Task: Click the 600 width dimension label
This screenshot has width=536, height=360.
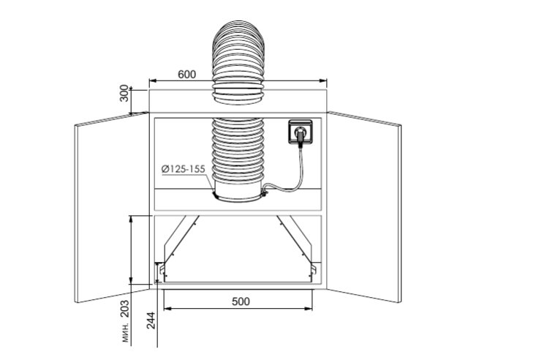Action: tap(187, 74)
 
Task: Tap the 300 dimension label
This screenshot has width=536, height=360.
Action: tap(124, 93)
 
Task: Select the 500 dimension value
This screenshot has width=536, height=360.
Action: tap(241, 301)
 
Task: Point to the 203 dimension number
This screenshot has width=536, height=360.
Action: tap(125, 308)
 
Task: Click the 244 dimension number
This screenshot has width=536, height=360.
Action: tap(151, 320)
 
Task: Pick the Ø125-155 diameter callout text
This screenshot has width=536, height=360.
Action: tap(184, 169)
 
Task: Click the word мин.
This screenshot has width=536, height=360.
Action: tap(126, 332)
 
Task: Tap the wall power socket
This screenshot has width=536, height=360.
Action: tap(300, 132)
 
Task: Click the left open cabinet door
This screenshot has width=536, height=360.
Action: tap(112, 207)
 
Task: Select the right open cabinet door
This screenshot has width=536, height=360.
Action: tap(364, 206)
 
